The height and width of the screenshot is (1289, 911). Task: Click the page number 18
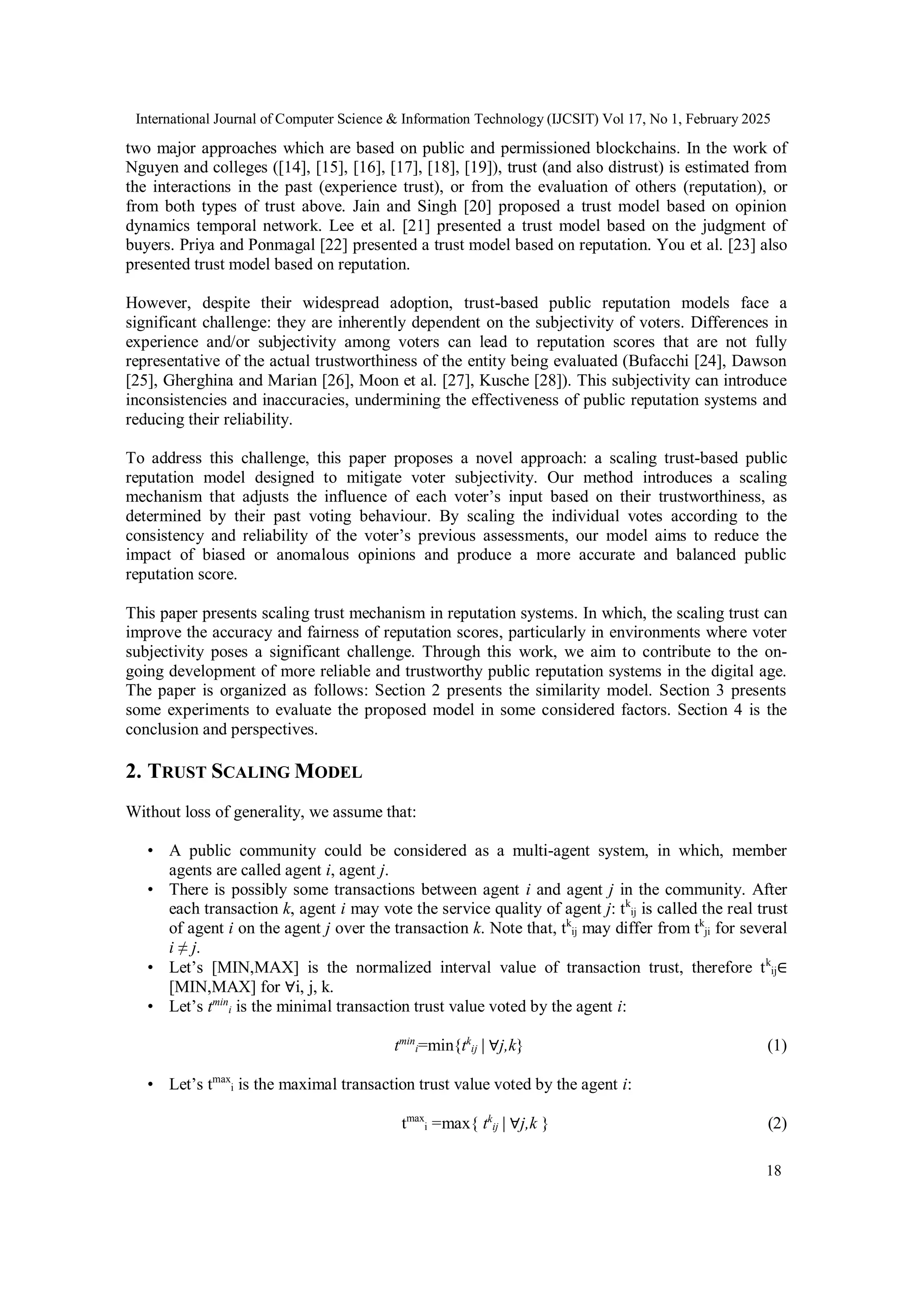pos(773,1171)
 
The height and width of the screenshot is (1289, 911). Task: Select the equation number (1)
pos(776,1046)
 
